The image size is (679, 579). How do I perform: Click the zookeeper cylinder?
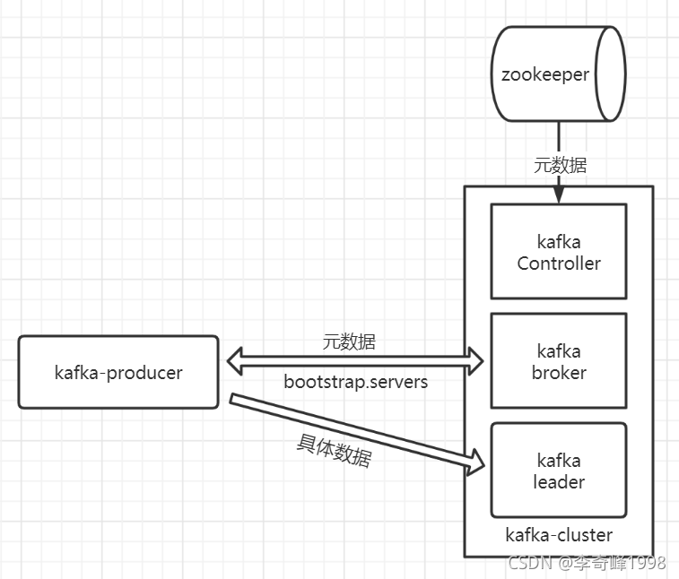557,74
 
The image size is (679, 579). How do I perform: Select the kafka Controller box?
558,252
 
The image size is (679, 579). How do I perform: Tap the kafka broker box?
558,361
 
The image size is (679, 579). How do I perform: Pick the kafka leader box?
558,471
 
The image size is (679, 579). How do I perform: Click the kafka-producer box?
118,372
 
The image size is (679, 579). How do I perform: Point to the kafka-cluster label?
559,535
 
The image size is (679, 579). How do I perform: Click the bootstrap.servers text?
356,382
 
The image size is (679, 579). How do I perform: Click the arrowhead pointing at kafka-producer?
233,362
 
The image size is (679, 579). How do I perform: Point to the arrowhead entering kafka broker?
475,362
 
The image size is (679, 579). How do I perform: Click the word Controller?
559,264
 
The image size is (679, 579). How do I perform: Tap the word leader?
559,482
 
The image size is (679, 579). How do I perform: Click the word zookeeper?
545,73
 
